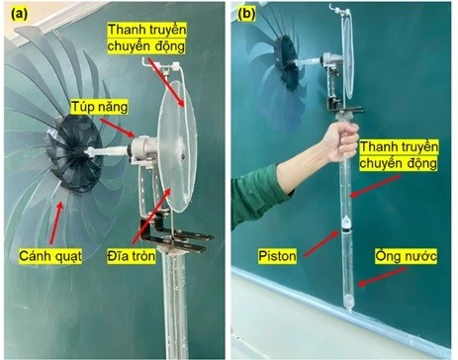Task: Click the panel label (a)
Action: tap(20, 15)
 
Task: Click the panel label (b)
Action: tap(247, 14)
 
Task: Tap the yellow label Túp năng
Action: tap(99, 107)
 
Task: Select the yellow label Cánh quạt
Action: tap(50, 255)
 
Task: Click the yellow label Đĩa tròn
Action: tap(131, 256)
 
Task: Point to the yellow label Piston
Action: tap(277, 256)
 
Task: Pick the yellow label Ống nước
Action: tap(406, 256)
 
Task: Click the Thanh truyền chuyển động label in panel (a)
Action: tap(146, 39)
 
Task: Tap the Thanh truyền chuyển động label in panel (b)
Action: tap(399, 155)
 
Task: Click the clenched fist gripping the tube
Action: tap(343, 141)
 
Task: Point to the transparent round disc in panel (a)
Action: tap(177, 145)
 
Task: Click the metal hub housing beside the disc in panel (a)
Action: tap(144, 147)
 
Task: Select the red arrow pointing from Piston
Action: tap(321, 243)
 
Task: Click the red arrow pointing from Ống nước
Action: tap(383, 277)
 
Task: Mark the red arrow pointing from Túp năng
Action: tap(117, 128)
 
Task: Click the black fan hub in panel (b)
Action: tap(288, 63)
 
